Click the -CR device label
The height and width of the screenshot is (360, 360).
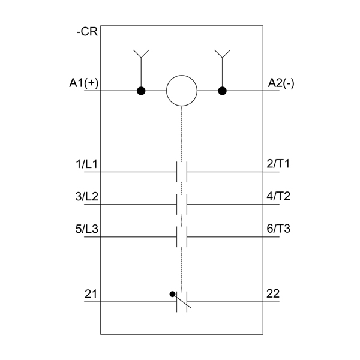87,31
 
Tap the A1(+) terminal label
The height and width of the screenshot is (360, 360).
84,83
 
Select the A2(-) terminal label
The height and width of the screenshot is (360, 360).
281,83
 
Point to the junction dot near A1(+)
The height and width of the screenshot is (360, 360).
141,91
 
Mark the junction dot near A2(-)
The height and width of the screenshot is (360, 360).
222,91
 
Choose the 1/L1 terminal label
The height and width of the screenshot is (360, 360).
87,164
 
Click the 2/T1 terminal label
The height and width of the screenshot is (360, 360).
278,164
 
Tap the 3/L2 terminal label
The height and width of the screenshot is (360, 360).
87,197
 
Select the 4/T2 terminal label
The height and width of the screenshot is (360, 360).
278,196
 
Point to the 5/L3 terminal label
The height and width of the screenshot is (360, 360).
87,229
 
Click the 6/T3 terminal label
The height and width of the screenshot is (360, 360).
278,229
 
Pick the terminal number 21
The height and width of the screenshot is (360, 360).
91,294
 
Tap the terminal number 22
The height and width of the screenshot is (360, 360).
273,293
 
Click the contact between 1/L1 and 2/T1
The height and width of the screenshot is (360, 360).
182,172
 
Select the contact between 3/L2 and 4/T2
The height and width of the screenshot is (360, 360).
182,205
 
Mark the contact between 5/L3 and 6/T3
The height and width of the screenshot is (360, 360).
182,237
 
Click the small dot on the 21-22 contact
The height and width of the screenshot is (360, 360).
172,294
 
